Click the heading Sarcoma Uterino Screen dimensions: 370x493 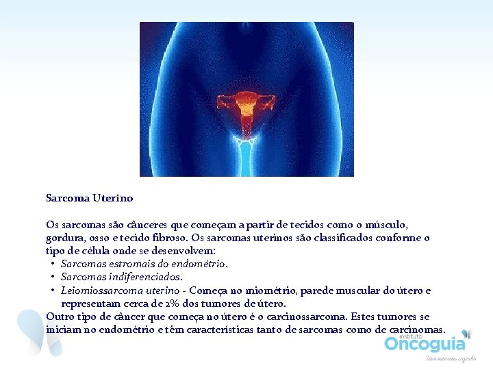(89, 198)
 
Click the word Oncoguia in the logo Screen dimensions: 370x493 (424, 343)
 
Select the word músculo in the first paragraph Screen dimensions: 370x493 (387, 225)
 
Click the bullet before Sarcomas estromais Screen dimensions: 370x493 (53, 264)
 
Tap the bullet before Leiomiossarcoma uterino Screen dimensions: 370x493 (53, 291)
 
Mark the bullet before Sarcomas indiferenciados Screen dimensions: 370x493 (53, 277)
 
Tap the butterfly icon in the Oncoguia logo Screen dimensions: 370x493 (466, 334)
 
